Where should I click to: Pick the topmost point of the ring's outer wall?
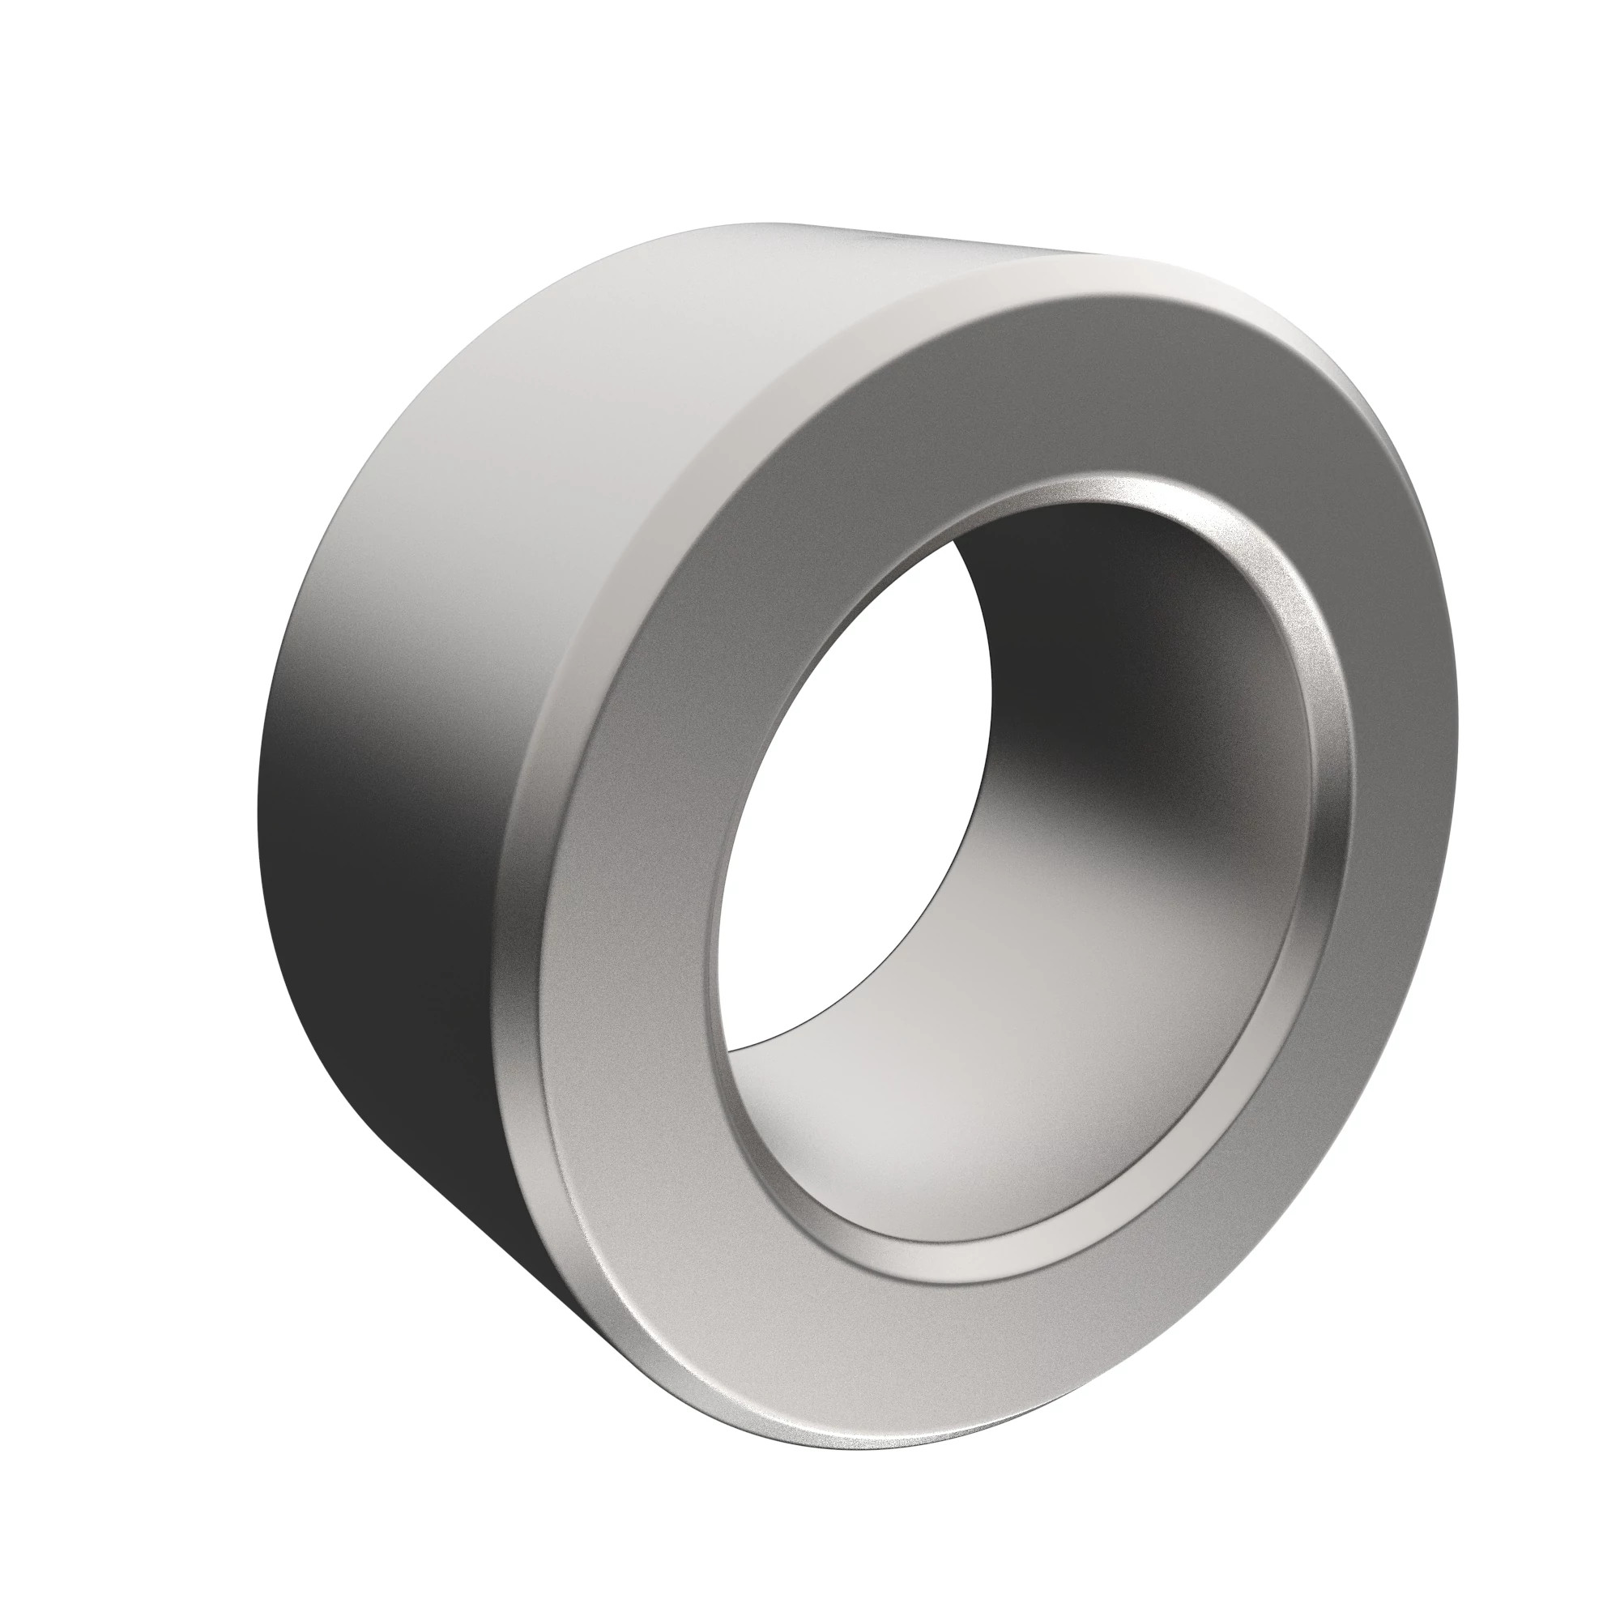pos(780,224)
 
